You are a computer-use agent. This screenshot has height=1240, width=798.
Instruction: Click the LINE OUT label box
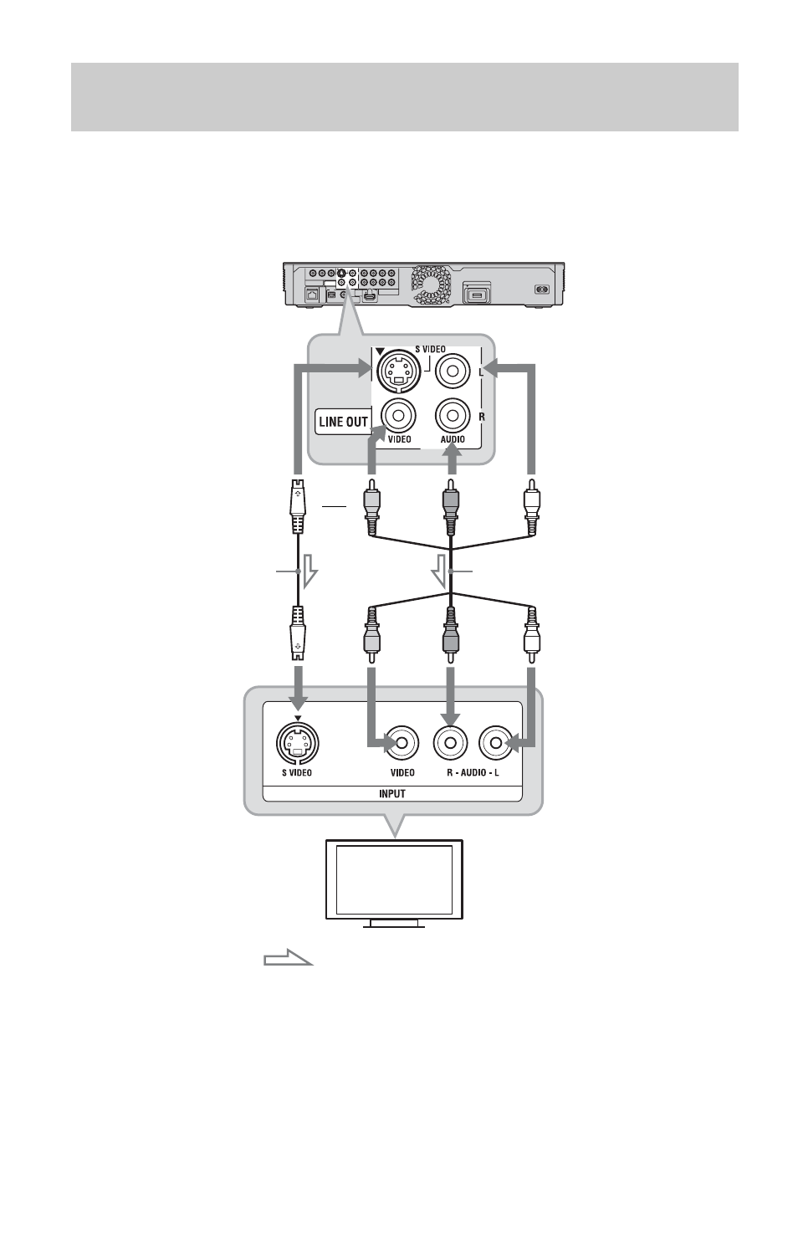[343, 421]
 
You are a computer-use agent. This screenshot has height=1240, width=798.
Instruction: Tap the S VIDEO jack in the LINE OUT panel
[398, 371]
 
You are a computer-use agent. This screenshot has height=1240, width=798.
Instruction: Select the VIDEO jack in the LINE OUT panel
[398, 415]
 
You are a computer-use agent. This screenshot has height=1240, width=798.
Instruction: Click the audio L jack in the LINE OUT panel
[453, 371]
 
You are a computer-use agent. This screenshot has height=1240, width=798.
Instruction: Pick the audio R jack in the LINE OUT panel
[453, 415]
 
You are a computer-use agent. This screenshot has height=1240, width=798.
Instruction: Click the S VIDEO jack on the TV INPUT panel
[298, 743]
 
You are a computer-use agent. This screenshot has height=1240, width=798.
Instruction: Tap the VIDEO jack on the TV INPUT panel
[402, 743]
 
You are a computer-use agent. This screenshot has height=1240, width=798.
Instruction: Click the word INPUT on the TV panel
[391, 793]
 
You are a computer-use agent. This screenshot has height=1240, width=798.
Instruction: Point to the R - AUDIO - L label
[473, 772]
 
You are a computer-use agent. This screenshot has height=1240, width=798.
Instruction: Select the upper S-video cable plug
[298, 506]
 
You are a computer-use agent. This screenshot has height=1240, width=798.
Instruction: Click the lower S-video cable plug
[298, 633]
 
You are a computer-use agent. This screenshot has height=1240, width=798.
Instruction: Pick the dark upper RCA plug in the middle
[451, 507]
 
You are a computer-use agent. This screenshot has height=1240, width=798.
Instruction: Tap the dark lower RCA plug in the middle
[451, 635]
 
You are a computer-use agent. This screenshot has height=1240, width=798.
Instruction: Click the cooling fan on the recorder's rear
[431, 284]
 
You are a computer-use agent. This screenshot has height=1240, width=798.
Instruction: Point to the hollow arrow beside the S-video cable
[309, 571]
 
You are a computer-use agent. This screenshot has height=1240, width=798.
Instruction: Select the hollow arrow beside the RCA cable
[439, 571]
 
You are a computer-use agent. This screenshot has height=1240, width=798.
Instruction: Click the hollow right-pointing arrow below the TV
[288, 957]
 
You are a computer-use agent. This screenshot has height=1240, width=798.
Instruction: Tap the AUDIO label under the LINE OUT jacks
[453, 439]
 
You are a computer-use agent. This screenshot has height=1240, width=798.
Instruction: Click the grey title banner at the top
[405, 97]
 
